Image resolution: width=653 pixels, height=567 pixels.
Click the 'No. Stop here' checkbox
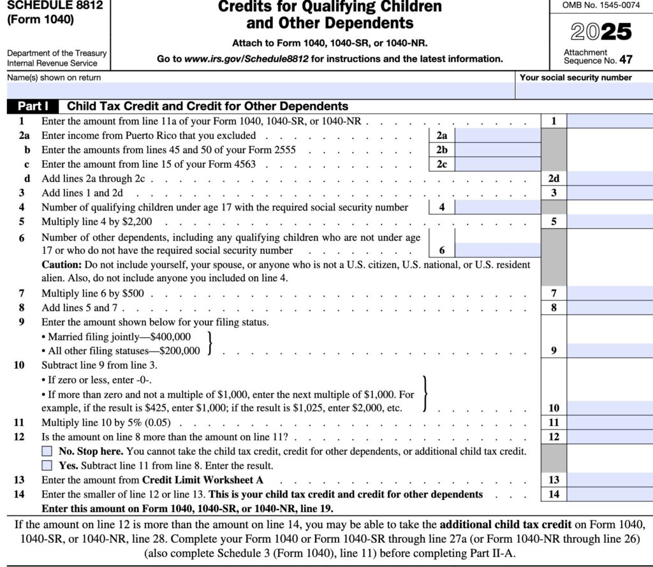(47, 452)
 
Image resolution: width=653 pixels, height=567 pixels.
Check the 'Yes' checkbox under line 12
(47, 465)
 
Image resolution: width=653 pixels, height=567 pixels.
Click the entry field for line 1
(610, 121)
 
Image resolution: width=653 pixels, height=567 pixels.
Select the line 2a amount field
(498, 135)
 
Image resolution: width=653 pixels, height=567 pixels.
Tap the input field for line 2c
(498, 164)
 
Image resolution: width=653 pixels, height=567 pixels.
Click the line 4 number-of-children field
(498, 207)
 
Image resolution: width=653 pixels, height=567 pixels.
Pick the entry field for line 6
(498, 250)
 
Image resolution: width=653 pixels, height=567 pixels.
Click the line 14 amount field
(610, 494)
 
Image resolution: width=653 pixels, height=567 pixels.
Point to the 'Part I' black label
(33, 107)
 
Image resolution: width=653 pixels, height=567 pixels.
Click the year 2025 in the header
(601, 32)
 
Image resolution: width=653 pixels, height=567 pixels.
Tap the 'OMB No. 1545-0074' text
(601, 6)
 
